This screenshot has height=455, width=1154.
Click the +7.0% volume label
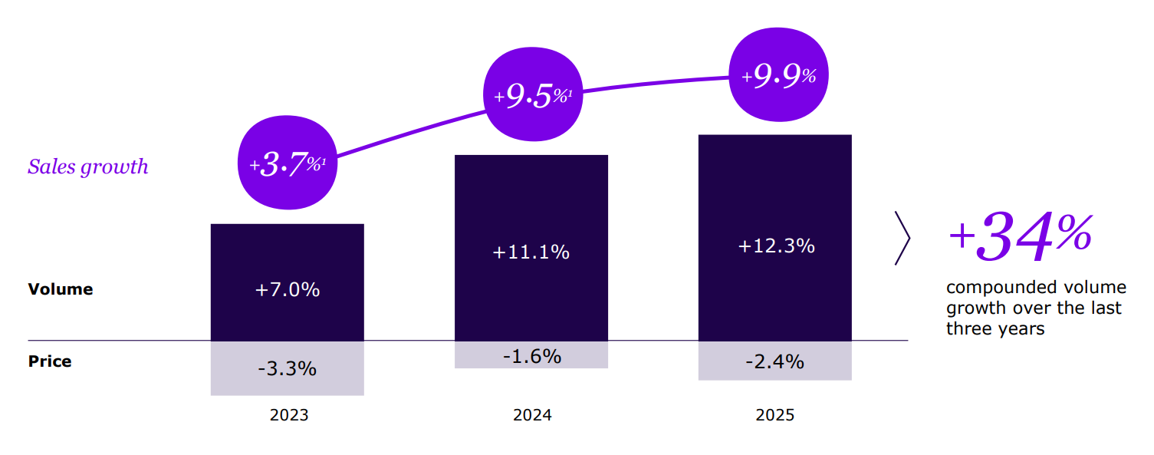(287, 290)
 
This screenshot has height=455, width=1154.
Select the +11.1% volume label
(531, 252)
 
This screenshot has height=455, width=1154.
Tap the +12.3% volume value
(776, 246)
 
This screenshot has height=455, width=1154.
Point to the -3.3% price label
(287, 369)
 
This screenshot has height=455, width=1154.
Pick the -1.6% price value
(531, 357)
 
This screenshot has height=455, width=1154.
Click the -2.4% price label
(774, 362)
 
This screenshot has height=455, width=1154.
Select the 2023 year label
(289, 415)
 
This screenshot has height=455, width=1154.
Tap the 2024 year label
(532, 415)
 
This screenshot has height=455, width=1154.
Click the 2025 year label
(775, 415)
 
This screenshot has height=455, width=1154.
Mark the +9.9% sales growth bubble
(778, 76)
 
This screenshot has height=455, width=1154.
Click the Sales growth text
(88, 167)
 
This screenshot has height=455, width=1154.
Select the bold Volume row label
(61, 289)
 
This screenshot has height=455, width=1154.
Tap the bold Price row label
(50, 361)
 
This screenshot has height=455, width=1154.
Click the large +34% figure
(1020, 236)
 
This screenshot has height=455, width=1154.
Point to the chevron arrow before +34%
(902, 239)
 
